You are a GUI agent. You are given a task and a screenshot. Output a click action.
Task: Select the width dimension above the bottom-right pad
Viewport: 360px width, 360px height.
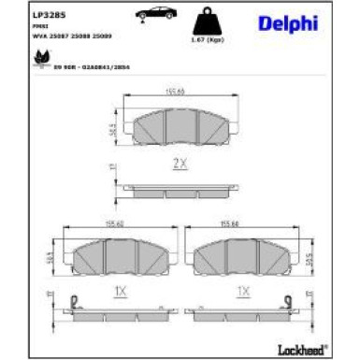pos(243,224)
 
